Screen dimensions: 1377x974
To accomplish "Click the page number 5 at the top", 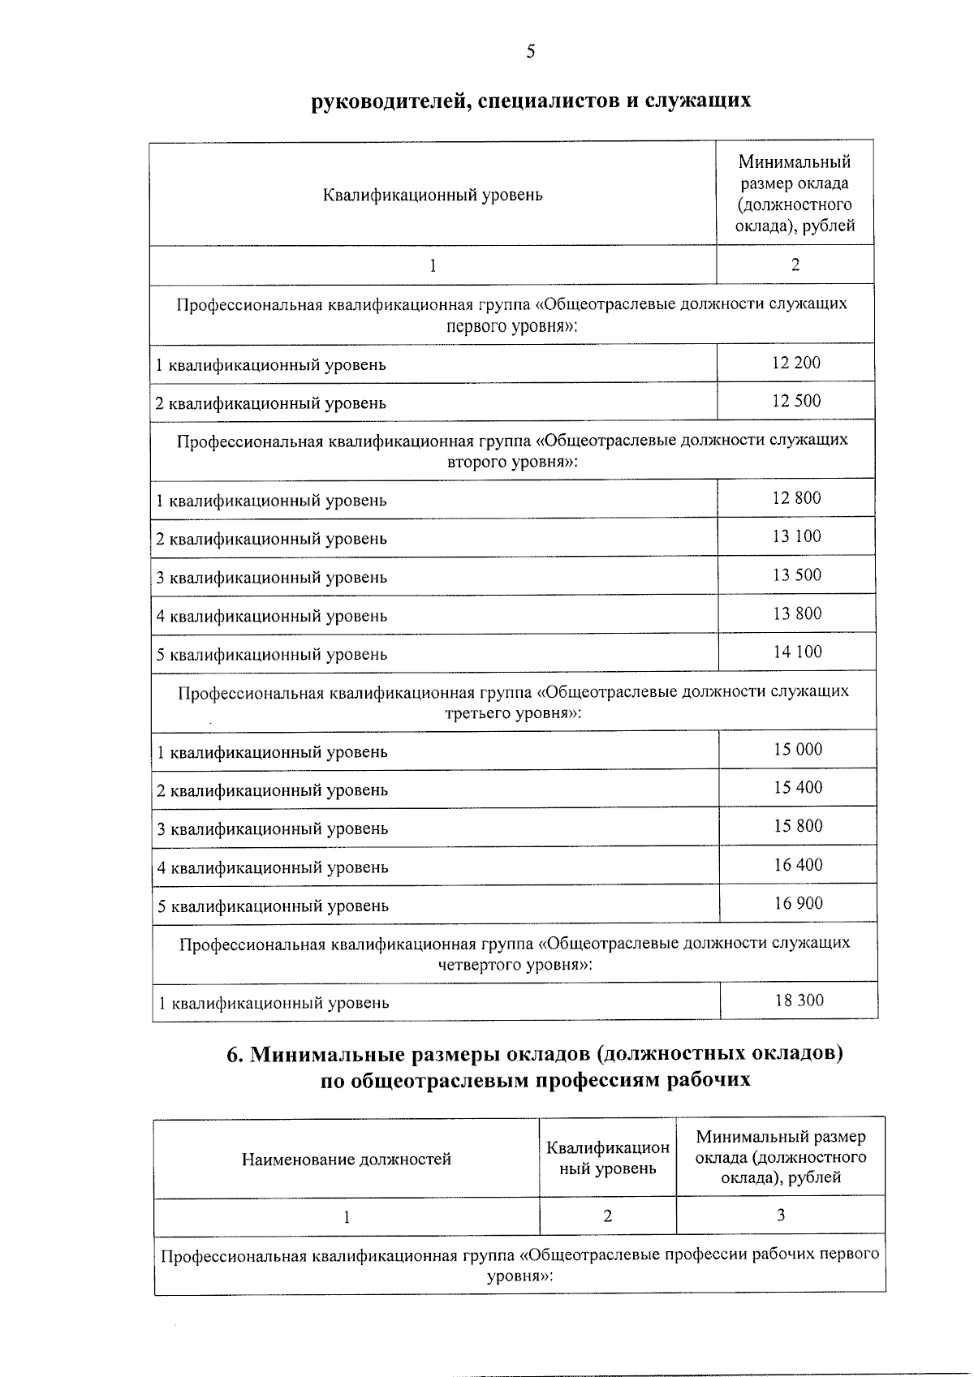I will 531,52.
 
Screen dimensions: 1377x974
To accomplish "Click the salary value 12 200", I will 796,363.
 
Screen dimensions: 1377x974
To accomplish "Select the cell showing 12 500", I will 796,401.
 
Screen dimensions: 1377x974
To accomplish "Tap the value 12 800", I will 796,498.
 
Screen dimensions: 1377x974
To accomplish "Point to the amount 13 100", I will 797,536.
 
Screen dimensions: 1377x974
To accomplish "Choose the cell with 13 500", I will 797,575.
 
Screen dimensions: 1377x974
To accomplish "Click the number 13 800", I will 797,613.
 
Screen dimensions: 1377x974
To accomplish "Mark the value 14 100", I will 797,652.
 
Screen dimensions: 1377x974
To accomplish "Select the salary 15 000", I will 798,749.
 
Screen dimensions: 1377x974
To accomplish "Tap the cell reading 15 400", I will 798,787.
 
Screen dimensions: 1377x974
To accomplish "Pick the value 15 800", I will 798,826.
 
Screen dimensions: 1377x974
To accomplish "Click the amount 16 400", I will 798,865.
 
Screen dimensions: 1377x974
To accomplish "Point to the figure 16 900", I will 798,903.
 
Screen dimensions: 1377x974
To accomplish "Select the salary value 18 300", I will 799,1000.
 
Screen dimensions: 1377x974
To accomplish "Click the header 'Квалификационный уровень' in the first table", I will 433,195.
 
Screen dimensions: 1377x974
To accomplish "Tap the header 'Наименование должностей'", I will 347,1160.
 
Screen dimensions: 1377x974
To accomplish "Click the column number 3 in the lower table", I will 781,1215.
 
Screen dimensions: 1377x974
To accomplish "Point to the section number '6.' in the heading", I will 235,1054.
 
